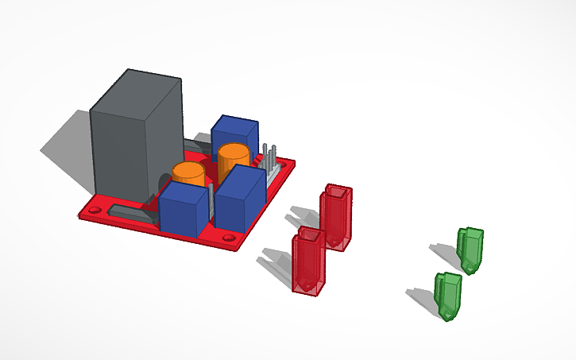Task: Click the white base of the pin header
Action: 273,176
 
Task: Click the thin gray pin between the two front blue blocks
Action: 211,203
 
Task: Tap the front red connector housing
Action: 307,261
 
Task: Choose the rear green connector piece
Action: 470,249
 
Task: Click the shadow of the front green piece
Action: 420,297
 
